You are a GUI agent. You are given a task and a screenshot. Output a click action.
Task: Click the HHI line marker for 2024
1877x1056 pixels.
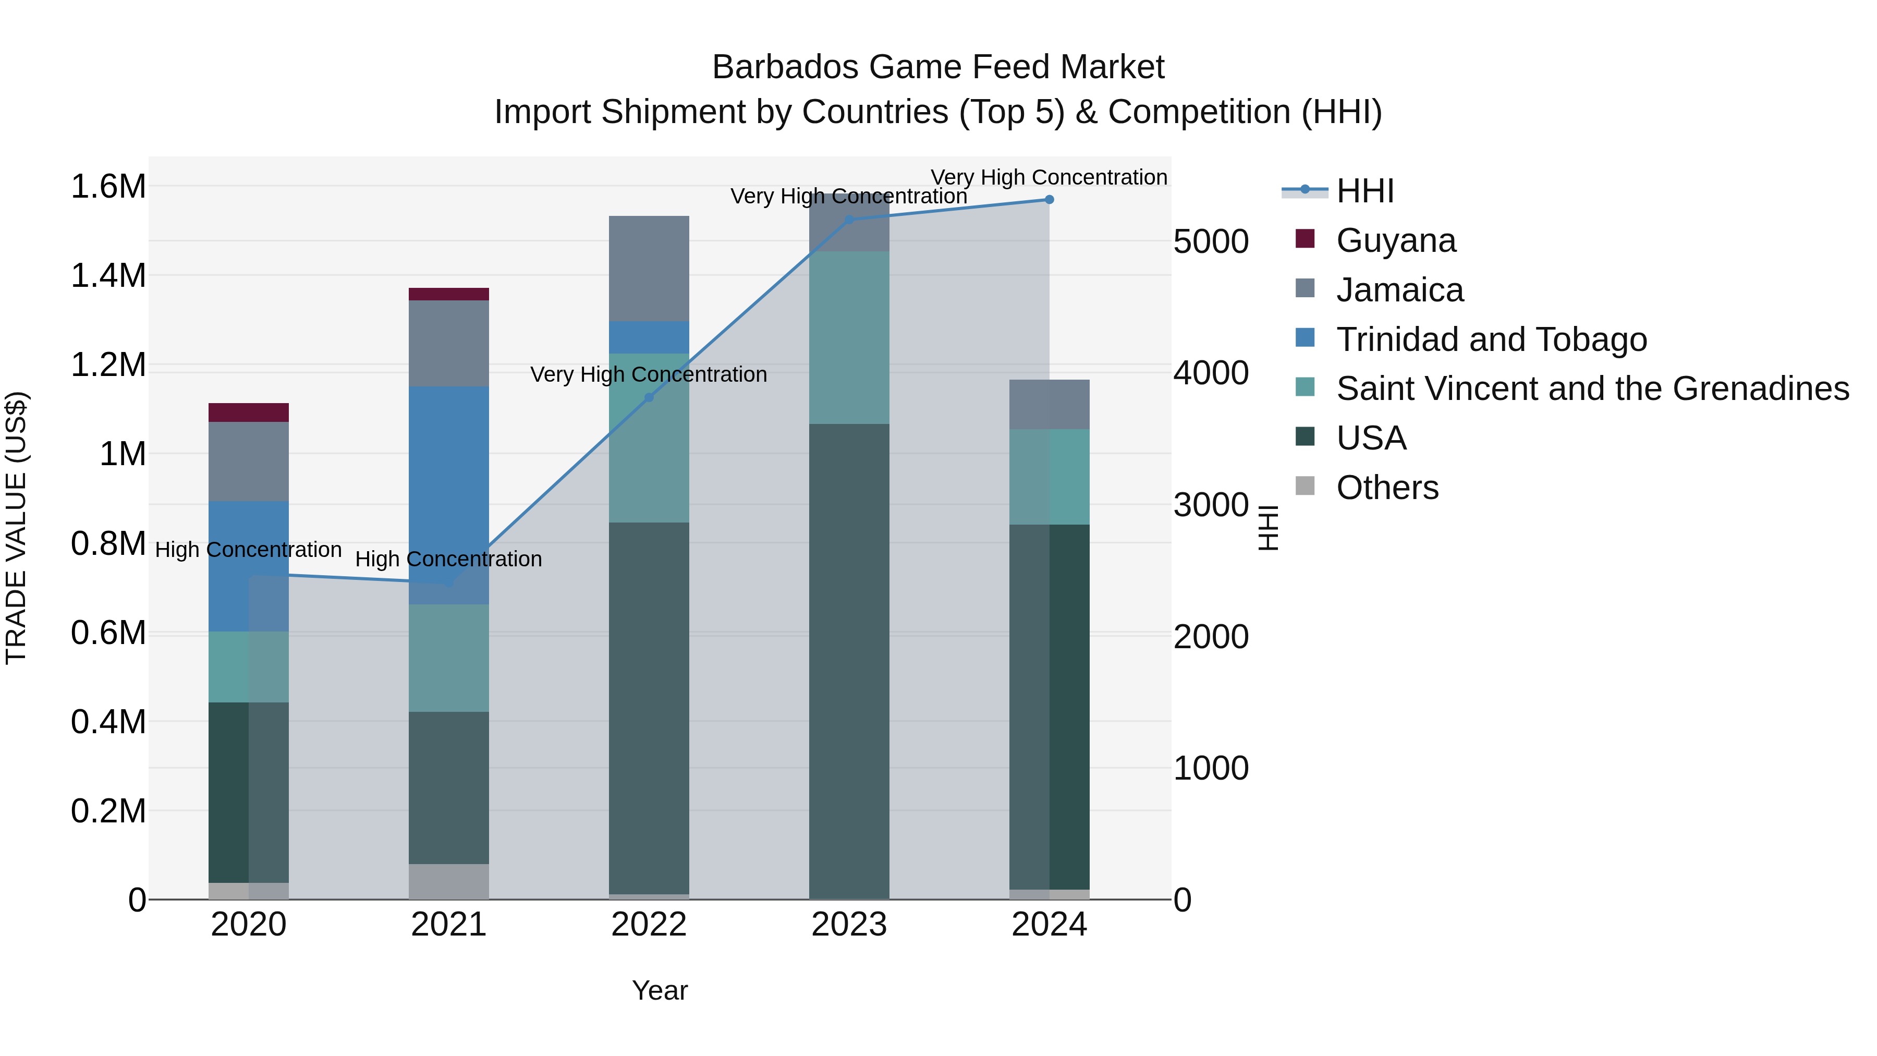point(1049,199)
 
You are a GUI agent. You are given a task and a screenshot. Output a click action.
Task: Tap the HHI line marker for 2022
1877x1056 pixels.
point(649,397)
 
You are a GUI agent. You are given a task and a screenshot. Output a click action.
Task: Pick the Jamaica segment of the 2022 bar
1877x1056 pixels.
point(649,268)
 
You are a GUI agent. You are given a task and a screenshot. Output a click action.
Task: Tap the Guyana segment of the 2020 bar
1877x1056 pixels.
point(249,412)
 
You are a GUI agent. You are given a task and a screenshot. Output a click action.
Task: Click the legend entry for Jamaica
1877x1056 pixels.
point(1398,290)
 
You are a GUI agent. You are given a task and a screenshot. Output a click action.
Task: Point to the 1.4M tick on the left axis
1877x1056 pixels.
point(108,275)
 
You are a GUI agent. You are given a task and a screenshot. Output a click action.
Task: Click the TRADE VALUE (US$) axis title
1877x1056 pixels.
point(16,528)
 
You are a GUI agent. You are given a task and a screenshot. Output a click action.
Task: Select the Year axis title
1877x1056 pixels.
point(660,990)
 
